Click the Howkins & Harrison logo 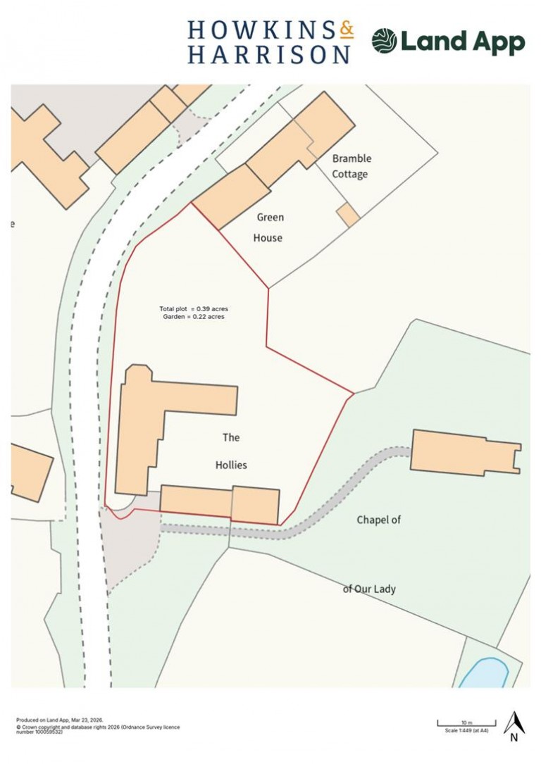pyautogui.click(x=270, y=42)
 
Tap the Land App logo pyautogui.click(x=448, y=42)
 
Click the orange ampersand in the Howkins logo pyautogui.click(x=346, y=30)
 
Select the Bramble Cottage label pyautogui.click(x=351, y=166)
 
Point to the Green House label pyautogui.click(x=268, y=227)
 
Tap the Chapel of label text pyautogui.click(x=378, y=520)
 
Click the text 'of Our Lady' pyautogui.click(x=369, y=589)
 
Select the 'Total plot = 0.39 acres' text pyautogui.click(x=194, y=309)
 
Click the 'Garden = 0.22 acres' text pyautogui.click(x=194, y=318)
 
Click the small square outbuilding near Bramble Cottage pyautogui.click(x=347, y=215)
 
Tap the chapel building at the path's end pyautogui.click(x=461, y=452)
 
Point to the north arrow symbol pyautogui.click(x=514, y=725)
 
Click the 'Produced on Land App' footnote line pyautogui.click(x=60, y=720)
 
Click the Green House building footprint pyautogui.click(x=231, y=197)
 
